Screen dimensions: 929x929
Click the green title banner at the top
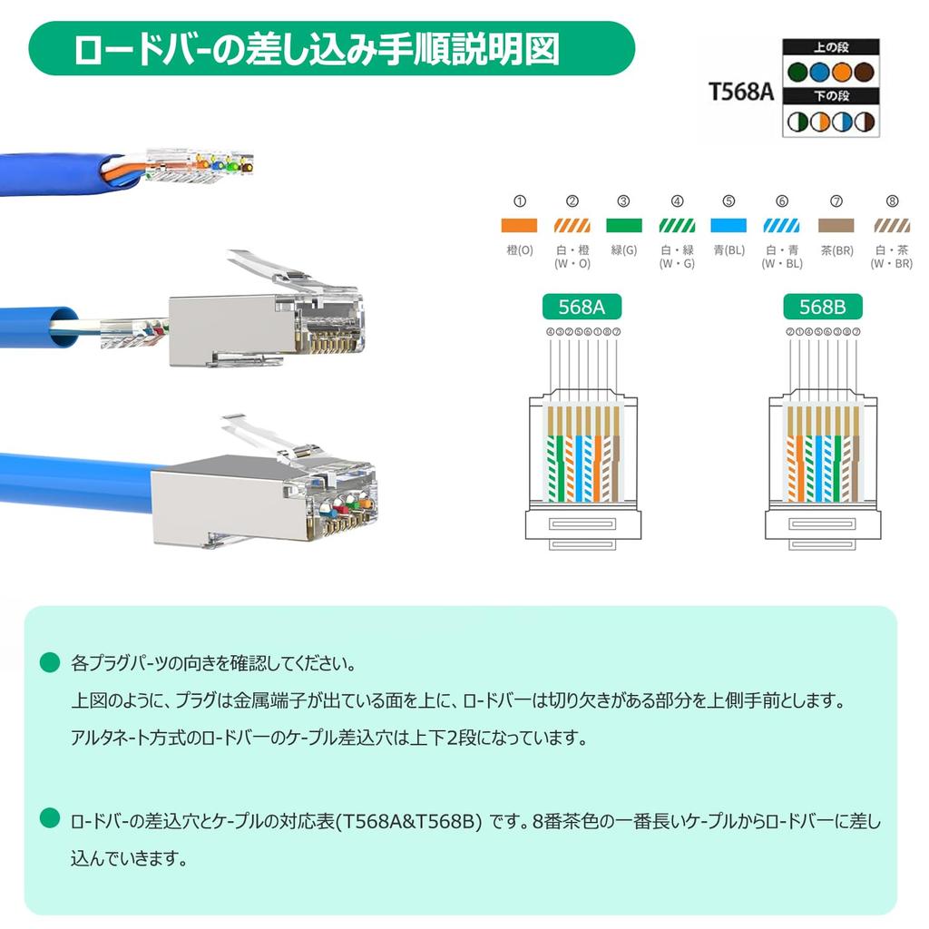pyautogui.click(x=331, y=49)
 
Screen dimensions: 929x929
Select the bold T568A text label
pyautogui.click(x=741, y=91)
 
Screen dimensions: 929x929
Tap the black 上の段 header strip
pyautogui.click(x=830, y=45)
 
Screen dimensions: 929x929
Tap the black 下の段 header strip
pyautogui.click(x=830, y=95)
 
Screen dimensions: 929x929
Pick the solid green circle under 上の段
pyautogui.click(x=798, y=71)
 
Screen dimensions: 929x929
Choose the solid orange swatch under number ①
pyautogui.click(x=520, y=226)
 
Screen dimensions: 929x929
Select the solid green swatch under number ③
pyautogui.click(x=623, y=226)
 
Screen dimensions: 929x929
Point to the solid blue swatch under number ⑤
pyautogui.click(x=729, y=226)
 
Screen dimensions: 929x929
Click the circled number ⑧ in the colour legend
pyautogui.click(x=891, y=201)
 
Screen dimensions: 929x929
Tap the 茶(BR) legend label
pyautogui.click(x=836, y=249)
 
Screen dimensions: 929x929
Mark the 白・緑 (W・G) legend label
pyautogui.click(x=677, y=256)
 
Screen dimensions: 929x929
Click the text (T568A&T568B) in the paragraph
pyautogui.click(x=408, y=822)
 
